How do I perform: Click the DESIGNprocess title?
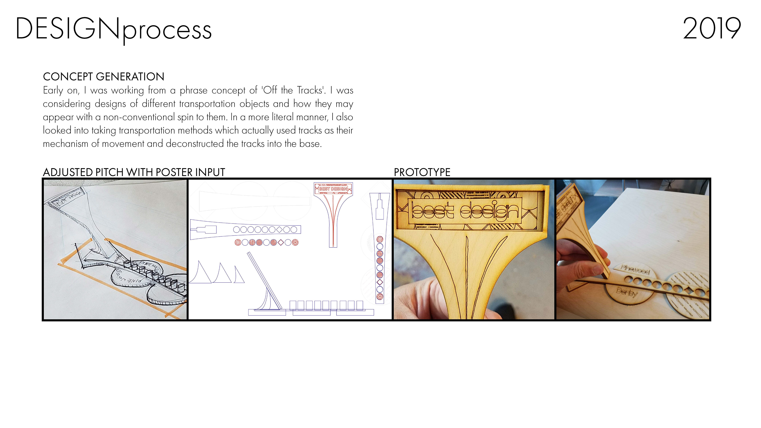113,30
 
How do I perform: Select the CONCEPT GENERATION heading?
103,77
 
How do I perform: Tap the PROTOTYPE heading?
422,172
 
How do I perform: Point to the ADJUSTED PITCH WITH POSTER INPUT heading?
134,172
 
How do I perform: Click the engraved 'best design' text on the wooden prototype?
465,211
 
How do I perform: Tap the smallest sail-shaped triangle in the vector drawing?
239,275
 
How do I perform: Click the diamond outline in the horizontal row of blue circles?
279,229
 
